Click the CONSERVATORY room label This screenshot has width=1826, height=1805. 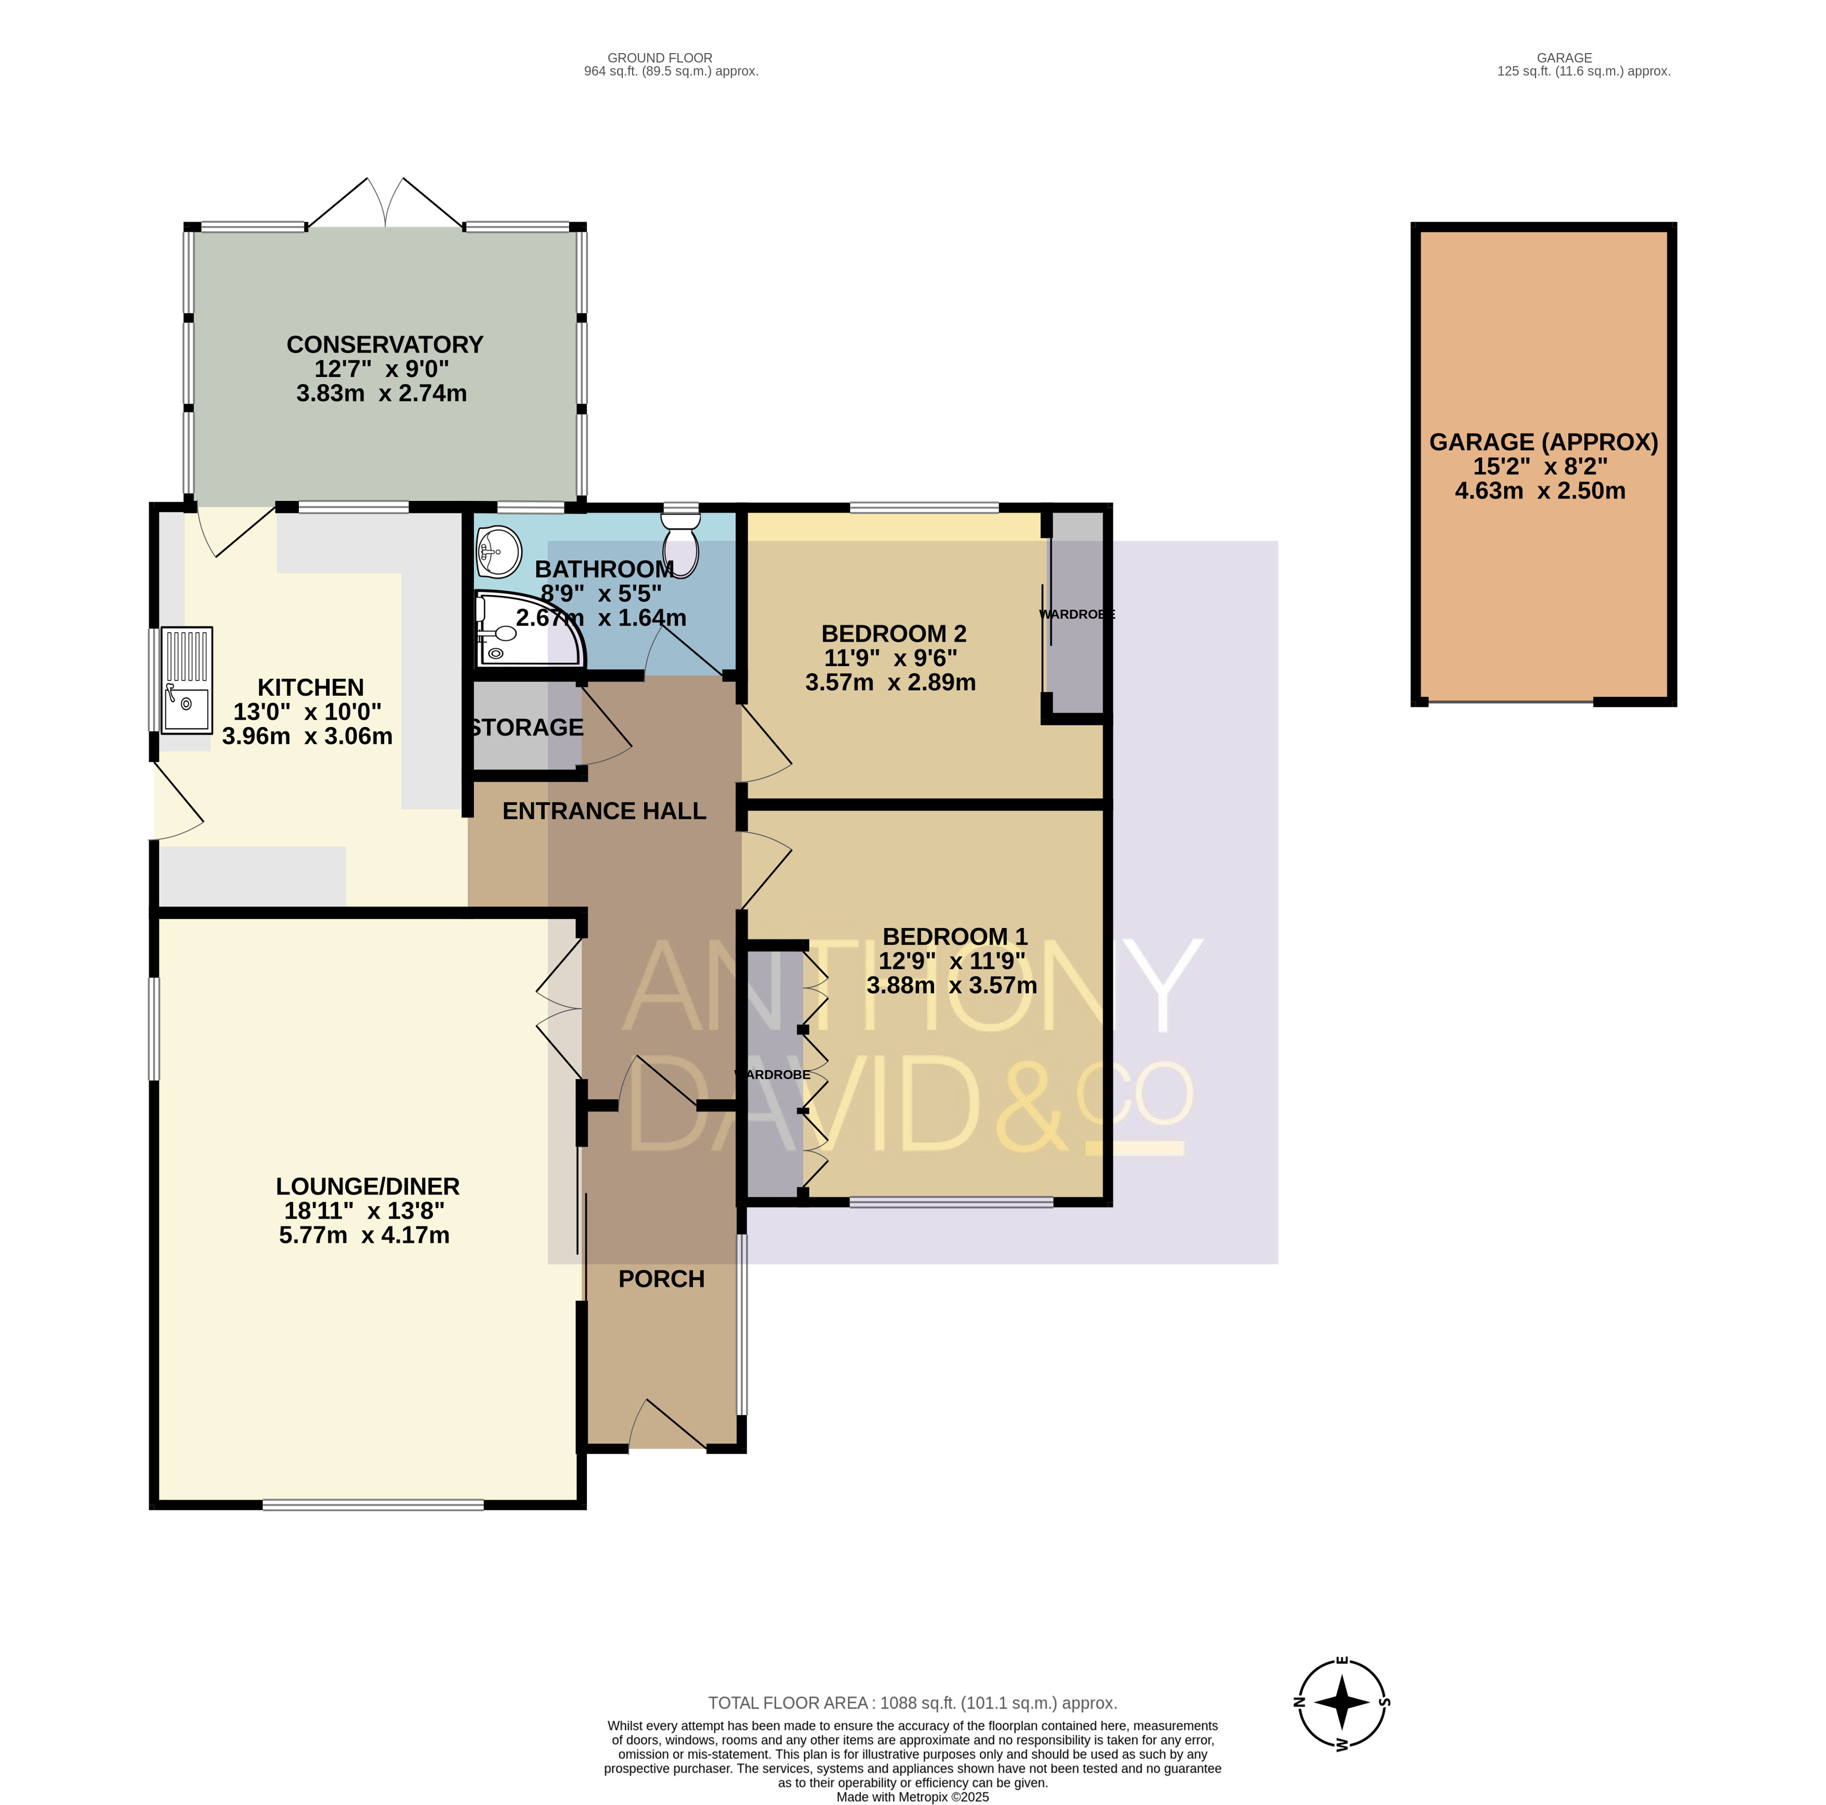click(385, 345)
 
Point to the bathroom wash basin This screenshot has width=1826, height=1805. click(499, 551)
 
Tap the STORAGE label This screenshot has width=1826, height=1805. click(526, 728)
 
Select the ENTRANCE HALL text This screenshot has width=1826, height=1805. click(604, 811)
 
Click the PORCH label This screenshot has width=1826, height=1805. click(662, 1280)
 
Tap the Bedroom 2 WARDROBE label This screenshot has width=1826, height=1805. click(1077, 615)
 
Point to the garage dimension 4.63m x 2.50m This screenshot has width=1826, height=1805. click(1541, 491)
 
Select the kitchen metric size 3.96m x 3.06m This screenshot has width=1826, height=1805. click(307, 736)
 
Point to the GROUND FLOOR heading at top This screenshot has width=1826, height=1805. click(660, 58)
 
